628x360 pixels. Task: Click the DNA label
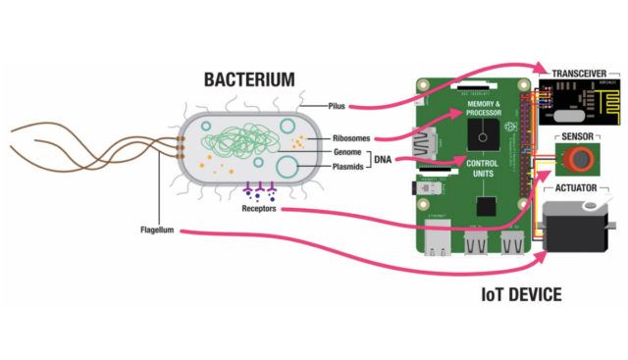[385, 160]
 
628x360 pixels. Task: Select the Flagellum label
[158, 231]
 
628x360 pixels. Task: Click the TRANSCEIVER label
[578, 73]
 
